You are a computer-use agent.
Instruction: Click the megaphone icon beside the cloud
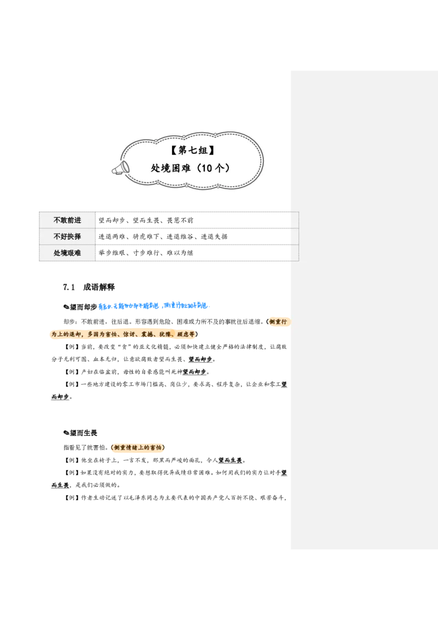[x=120, y=167]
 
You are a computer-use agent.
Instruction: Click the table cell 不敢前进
[x=67, y=220]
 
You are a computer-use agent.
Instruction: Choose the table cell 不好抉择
[x=67, y=237]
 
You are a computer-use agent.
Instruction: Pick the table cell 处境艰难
[x=67, y=253]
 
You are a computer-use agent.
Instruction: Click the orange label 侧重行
[x=279, y=322]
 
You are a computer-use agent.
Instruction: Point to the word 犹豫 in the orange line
[x=165, y=334]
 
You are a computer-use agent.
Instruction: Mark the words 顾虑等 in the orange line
[x=185, y=334]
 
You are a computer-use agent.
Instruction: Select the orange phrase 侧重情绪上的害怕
[x=138, y=448]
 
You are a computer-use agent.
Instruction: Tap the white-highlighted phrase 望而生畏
[x=230, y=461]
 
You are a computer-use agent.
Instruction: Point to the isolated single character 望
[x=284, y=384]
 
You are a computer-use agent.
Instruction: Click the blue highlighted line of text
[x=153, y=306]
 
